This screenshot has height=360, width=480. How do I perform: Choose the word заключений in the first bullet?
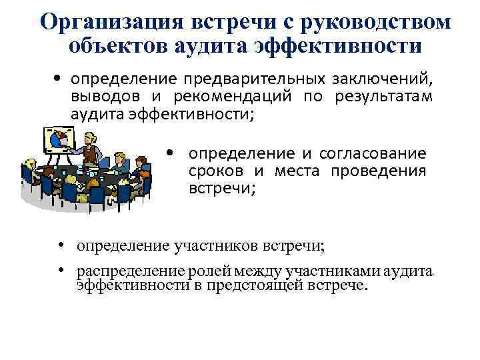pos(380,81)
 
